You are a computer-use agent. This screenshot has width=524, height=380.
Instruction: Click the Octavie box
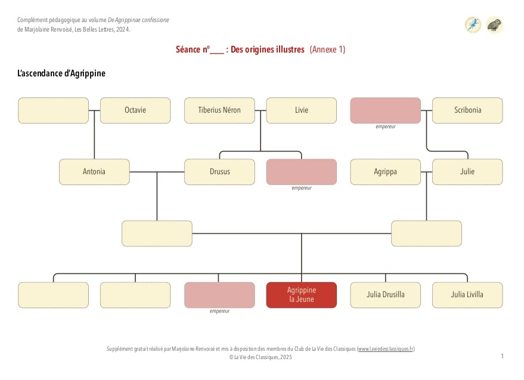point(135,110)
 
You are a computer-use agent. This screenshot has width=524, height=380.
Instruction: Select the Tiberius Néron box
point(219,110)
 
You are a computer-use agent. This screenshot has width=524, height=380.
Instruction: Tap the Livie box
point(302,110)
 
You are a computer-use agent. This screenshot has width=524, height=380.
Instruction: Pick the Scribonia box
point(467,110)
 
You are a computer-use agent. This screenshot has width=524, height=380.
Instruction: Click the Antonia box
point(94,172)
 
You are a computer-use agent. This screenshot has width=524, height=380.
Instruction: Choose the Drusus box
point(219,172)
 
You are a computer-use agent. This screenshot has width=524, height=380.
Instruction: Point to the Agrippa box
point(385,172)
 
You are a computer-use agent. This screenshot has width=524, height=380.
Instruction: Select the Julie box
point(467,172)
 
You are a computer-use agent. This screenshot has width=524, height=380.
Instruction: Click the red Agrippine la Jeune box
point(302,295)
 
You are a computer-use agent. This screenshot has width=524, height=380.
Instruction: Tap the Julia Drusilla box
point(385,295)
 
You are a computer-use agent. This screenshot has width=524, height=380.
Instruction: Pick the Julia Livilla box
point(467,295)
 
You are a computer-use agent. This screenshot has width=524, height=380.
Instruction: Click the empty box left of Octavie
point(54,110)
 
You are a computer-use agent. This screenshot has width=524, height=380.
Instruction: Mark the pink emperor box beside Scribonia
point(385,110)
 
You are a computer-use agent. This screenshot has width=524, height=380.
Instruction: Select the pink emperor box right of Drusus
point(302,172)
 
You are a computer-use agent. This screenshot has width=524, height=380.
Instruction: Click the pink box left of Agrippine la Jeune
point(219,295)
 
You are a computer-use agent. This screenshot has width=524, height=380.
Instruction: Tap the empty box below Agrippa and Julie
point(426,233)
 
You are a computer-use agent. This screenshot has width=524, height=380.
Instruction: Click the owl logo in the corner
point(494,24)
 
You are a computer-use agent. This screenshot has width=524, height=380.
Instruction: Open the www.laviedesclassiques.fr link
point(386,349)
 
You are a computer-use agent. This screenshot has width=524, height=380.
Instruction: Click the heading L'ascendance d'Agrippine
point(61,73)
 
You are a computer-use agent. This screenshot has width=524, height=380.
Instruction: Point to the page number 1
point(503,356)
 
